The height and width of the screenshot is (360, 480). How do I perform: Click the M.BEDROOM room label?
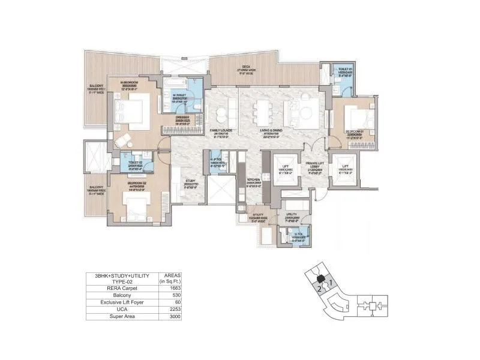point(130,82)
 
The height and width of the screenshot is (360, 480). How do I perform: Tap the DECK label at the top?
point(246,66)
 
